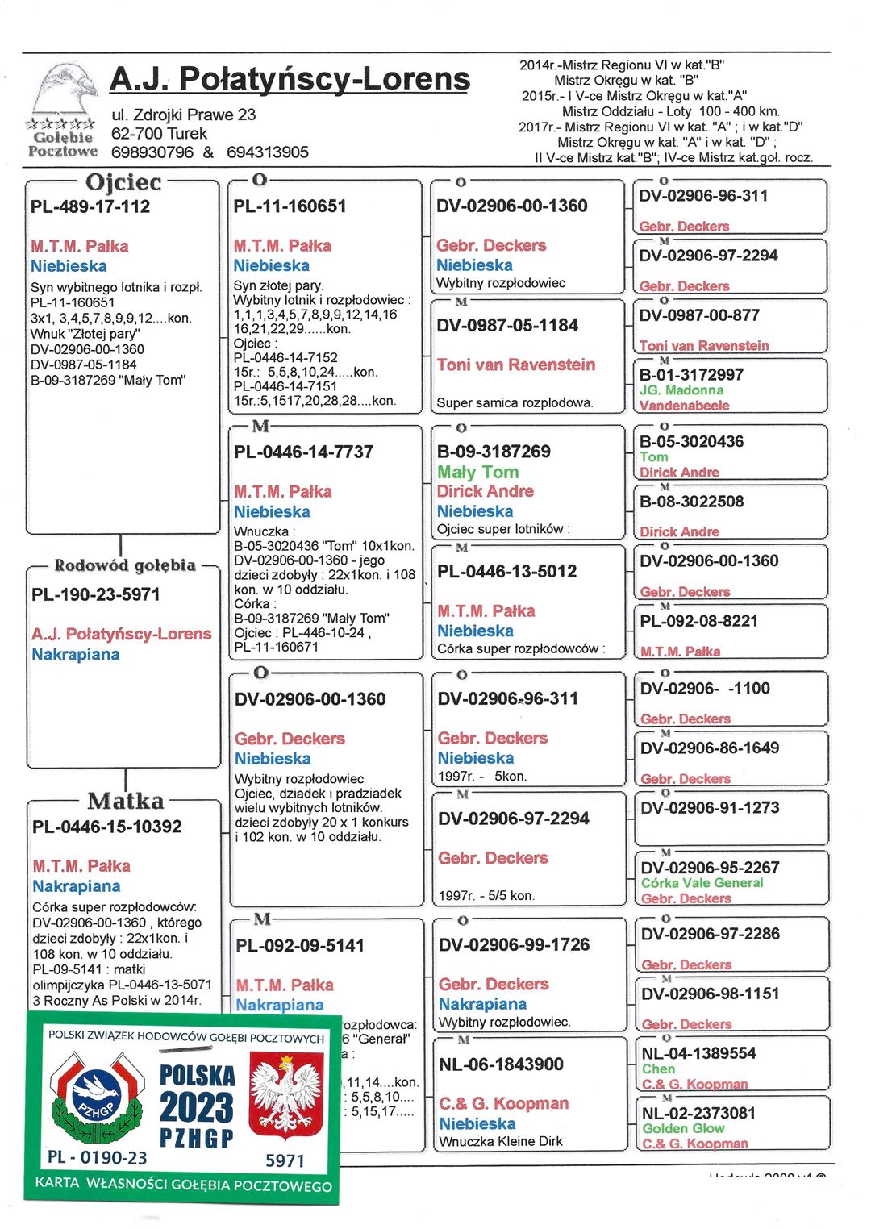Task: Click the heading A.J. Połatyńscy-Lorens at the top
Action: [289, 79]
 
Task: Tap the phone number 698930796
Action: [152, 152]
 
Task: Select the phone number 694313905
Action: [268, 152]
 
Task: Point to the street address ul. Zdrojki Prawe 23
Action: [183, 115]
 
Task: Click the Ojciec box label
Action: [123, 182]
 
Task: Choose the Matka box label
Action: [125, 801]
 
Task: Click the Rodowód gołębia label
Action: [124, 565]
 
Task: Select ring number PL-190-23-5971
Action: [96, 594]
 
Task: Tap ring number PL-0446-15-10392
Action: [107, 827]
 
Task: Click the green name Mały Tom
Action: [478, 473]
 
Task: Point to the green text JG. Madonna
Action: [681, 390]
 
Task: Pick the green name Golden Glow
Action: [683, 1128]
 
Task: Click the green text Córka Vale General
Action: [702, 883]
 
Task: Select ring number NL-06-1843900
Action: [501, 1064]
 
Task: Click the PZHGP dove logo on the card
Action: [96, 1099]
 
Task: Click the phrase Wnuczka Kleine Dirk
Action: [501, 1141]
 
